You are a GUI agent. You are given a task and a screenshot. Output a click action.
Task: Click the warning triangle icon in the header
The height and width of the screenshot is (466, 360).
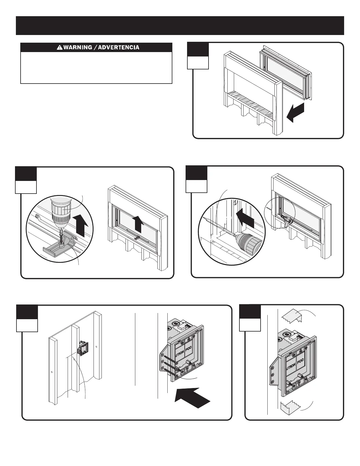click(59, 47)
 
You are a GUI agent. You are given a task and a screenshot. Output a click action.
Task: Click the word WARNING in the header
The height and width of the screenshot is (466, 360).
click(78, 47)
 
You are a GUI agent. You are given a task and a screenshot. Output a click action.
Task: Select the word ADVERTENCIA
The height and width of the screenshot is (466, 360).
click(118, 47)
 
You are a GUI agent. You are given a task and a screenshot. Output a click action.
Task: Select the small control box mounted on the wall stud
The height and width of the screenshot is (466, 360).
click(82, 349)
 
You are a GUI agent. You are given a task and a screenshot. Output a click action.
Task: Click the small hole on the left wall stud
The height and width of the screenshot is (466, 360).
click(51, 372)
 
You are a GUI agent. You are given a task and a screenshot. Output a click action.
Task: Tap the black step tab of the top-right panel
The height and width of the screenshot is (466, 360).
click(198, 49)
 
